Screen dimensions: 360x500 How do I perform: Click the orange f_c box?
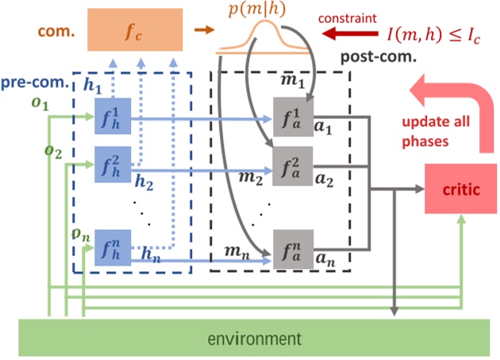(x=134, y=30)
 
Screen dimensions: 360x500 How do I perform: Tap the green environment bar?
(x=255, y=339)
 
